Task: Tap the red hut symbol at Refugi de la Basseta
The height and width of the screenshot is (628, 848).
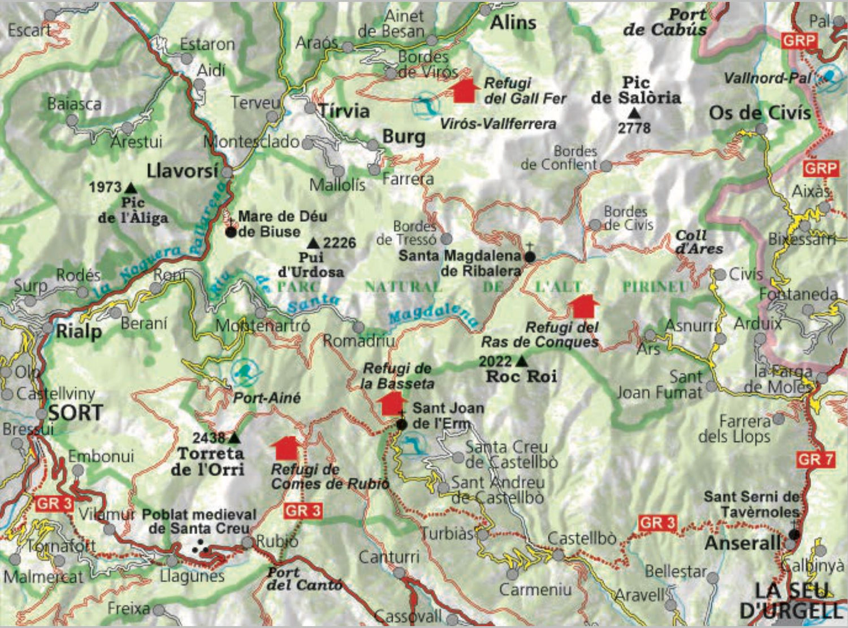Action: [x=391, y=404]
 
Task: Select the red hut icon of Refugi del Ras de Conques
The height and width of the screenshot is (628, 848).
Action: [x=583, y=306]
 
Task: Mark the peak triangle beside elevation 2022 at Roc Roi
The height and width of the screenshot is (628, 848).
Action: [x=521, y=361]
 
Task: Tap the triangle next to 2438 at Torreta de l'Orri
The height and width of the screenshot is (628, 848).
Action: [x=233, y=438]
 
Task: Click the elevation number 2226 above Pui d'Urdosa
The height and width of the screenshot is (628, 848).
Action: [x=339, y=243]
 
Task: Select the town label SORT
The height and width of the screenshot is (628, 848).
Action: [x=75, y=413]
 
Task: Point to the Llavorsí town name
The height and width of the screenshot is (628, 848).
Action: [x=182, y=171]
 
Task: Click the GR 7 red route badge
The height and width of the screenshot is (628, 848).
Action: [x=815, y=460]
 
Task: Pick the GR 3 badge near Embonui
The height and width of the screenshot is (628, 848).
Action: [x=54, y=503]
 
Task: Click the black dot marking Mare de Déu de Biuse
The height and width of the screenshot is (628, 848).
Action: [x=231, y=232]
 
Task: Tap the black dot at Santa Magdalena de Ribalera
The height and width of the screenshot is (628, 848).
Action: [x=529, y=257]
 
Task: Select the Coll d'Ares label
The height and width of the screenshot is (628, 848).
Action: [x=699, y=242]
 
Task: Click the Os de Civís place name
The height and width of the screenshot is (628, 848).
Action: [x=759, y=113]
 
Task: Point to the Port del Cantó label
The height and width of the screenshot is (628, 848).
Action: [x=304, y=579]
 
